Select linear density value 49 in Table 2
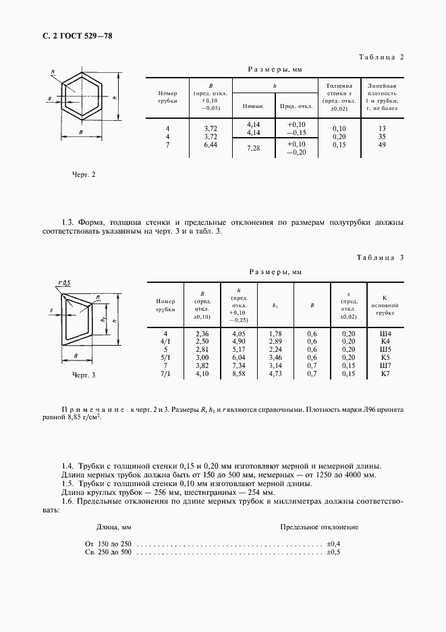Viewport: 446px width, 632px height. [x=382, y=144]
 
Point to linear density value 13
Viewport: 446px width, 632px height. [x=382, y=128]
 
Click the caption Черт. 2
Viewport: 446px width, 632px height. [x=84, y=174]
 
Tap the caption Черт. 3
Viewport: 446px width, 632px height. [x=84, y=374]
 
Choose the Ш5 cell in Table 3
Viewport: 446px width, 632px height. [x=385, y=350]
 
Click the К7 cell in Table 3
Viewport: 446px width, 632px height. [x=385, y=373]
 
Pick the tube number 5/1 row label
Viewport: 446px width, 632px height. [x=165, y=358]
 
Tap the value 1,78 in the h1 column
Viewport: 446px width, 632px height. [x=275, y=334]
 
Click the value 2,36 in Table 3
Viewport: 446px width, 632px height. [x=202, y=334]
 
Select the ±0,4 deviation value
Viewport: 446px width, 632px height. [x=333, y=543]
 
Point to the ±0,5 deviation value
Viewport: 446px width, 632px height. [x=333, y=552]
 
